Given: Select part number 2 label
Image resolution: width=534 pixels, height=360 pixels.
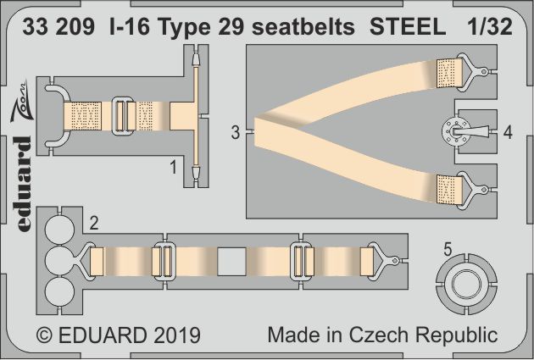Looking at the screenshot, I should point(94,224).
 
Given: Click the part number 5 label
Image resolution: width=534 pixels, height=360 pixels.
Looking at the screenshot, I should point(448,249).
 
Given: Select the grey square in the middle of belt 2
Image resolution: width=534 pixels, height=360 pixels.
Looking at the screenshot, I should point(231,261).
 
